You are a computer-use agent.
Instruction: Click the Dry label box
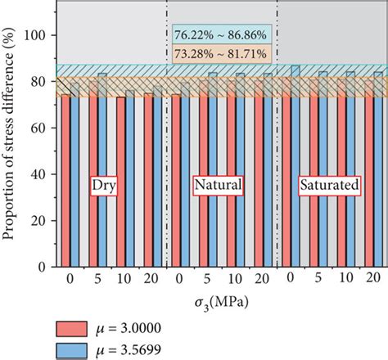tap(102, 186)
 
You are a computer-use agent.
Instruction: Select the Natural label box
tap(218, 186)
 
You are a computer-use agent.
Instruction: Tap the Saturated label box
tap(329, 186)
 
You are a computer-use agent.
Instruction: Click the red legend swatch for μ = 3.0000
tap(79, 329)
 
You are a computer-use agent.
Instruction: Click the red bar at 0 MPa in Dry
tap(65, 182)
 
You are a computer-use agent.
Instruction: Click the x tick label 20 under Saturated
tap(372, 279)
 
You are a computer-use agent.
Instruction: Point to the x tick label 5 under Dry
tap(97, 279)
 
